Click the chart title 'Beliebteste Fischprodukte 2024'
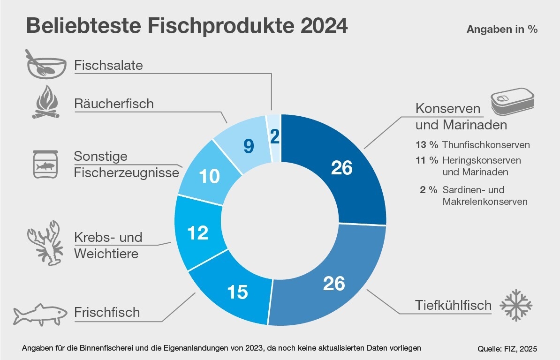(187, 26)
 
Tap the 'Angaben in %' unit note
(502, 29)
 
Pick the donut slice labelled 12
(197, 232)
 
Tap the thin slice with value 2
(274, 136)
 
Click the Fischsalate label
(108, 65)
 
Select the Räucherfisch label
(114, 104)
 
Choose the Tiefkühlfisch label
(453, 305)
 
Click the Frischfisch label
(107, 312)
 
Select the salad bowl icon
(45, 64)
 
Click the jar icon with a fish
(45, 164)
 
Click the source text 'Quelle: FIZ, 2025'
(507, 349)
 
